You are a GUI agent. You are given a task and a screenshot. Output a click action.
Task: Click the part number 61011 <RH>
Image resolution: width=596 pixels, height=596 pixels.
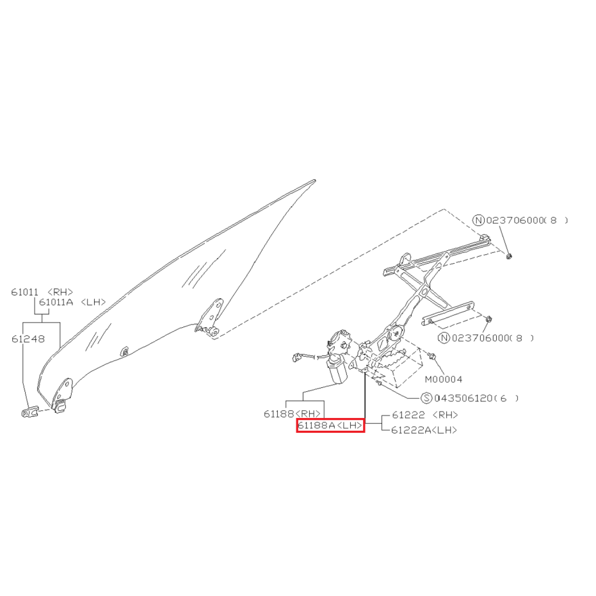(x=42, y=292)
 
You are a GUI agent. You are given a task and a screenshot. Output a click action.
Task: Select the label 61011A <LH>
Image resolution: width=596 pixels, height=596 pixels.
(x=72, y=302)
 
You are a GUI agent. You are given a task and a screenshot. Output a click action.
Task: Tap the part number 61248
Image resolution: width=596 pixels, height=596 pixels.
(x=28, y=339)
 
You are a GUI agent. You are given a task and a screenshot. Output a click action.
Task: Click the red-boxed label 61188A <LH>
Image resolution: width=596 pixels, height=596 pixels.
(x=330, y=425)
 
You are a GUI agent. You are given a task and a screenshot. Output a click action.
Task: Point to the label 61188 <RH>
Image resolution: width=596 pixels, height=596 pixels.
(x=292, y=414)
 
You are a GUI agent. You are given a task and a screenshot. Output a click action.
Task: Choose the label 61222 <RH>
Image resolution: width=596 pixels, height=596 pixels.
(x=425, y=415)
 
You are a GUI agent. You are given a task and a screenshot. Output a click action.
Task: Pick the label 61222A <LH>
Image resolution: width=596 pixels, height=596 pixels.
(x=424, y=430)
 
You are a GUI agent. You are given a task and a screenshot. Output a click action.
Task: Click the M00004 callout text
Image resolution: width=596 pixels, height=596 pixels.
(x=444, y=379)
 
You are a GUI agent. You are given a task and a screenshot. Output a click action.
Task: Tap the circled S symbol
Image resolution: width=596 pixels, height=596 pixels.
(x=427, y=398)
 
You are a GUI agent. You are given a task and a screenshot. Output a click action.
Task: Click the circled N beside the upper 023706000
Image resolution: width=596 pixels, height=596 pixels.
(x=479, y=220)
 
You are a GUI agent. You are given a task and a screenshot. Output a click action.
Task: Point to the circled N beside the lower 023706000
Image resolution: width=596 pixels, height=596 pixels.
(x=444, y=338)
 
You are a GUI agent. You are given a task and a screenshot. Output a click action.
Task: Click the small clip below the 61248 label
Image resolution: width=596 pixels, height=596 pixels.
(x=29, y=412)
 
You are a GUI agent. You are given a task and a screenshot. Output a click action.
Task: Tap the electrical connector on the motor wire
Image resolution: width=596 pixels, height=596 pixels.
(x=297, y=357)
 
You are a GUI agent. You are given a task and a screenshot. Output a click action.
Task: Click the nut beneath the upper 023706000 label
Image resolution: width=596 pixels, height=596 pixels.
(x=510, y=256)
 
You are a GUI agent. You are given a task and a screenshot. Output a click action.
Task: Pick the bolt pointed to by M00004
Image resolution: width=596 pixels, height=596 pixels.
(x=431, y=356)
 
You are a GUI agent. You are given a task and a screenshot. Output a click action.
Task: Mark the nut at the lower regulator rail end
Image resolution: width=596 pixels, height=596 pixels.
(x=489, y=319)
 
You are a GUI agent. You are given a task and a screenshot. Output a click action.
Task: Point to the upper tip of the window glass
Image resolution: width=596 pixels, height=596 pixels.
(x=315, y=180)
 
